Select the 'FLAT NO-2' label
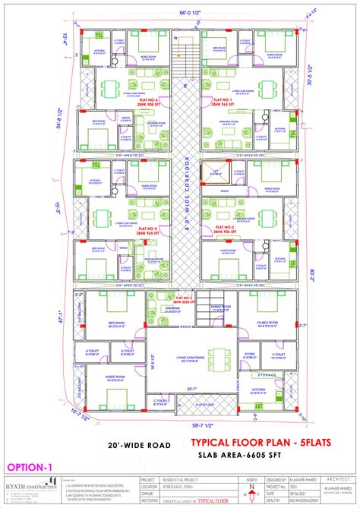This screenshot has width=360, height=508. point(223,227)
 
